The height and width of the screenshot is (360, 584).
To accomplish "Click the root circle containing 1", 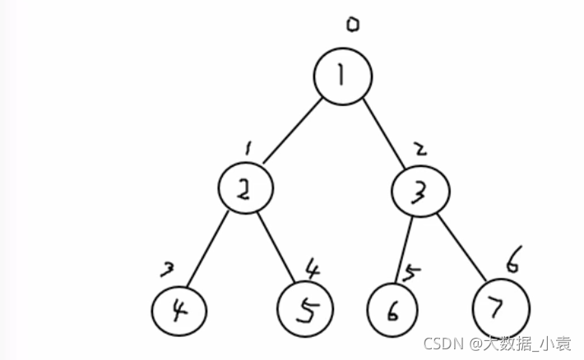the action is [314, 76].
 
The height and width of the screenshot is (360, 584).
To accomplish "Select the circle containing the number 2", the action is [219, 188].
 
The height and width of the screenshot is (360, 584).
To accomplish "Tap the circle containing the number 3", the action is [392, 191].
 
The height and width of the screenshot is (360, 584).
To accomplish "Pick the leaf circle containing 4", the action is [152, 312].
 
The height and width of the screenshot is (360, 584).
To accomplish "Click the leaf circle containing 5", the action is [278, 309].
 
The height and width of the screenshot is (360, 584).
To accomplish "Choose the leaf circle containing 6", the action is [368, 310].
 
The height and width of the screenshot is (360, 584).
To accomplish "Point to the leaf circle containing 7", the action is [473, 308].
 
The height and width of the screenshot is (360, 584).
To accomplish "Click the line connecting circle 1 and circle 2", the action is [292, 131].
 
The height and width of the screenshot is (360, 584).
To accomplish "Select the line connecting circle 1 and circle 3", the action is [383, 134].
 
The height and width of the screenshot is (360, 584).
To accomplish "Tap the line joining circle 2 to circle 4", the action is [207, 249].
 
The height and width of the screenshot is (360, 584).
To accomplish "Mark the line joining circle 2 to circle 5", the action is [276, 247].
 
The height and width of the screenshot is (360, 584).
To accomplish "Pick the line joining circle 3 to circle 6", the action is [404, 249].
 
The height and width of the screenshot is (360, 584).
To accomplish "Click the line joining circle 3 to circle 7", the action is [461, 247].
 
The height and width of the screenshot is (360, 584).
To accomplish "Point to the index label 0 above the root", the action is [353, 25].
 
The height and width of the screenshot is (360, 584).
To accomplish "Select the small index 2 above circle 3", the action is [421, 149].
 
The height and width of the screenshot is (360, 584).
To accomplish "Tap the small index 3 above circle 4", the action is [167, 269].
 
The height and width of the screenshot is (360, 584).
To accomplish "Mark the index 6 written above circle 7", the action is [514, 259].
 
